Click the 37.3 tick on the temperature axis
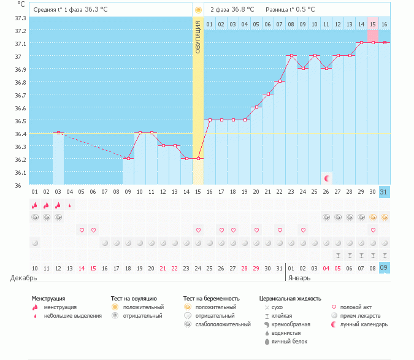click(x=20, y=18)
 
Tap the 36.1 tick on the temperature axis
click(x=20, y=172)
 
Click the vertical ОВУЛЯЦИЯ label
click(x=198, y=36)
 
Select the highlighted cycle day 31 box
click(x=384, y=191)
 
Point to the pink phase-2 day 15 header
click(x=372, y=24)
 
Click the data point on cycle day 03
click(x=58, y=132)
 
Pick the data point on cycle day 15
click(x=198, y=158)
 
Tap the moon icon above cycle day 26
click(x=327, y=178)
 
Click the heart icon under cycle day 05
click(x=82, y=230)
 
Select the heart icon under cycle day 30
click(x=372, y=230)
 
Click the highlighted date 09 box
click(x=384, y=268)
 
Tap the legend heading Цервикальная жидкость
click(x=290, y=299)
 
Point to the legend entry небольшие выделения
click(x=76, y=316)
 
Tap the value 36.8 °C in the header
click(x=242, y=10)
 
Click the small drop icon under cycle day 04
click(x=70, y=205)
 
